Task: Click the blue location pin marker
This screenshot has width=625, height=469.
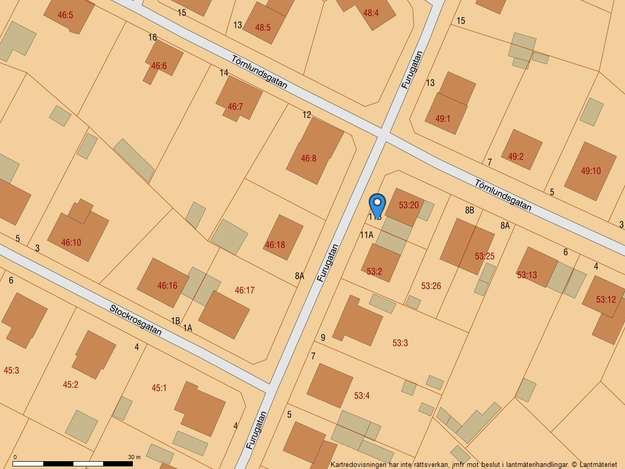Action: pyautogui.click(x=377, y=204)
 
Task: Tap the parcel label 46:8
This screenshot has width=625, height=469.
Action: pyautogui.click(x=308, y=158)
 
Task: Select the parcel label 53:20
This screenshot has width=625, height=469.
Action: pyautogui.click(x=409, y=205)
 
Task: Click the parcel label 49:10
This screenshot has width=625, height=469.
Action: pyautogui.click(x=591, y=171)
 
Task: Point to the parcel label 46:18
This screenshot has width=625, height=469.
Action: pyautogui.click(x=275, y=244)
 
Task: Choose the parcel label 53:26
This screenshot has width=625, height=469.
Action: pyautogui.click(x=431, y=286)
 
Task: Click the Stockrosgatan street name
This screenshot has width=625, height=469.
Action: pyautogui.click(x=135, y=319)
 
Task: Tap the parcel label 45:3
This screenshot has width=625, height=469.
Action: pyautogui.click(x=11, y=371)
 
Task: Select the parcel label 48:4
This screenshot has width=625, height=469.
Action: pyautogui.click(x=371, y=13)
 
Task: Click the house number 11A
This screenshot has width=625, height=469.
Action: pyautogui.click(x=367, y=235)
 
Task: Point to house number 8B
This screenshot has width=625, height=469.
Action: pyautogui.click(x=470, y=211)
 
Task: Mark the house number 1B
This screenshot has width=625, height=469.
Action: pyautogui.click(x=176, y=320)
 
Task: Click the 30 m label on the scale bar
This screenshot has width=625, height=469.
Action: pyautogui.click(x=134, y=457)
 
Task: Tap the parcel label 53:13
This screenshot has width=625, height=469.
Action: pyautogui.click(x=527, y=275)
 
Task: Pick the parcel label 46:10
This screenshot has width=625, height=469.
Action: pyautogui.click(x=71, y=242)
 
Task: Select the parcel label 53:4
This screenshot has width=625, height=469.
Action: pyautogui.click(x=361, y=396)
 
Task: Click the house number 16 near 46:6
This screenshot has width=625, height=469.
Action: pyautogui.click(x=153, y=38)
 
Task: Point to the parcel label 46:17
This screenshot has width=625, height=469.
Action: pyautogui.click(x=244, y=290)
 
